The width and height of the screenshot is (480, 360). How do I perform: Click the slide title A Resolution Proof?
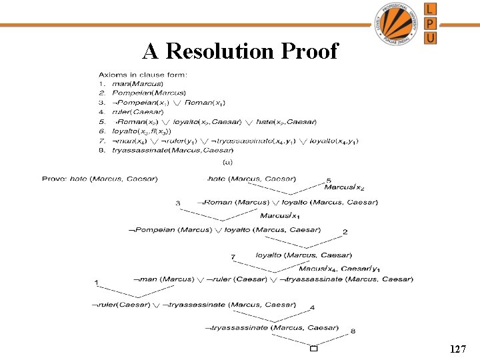[240, 51]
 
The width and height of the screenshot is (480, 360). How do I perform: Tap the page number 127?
[457, 349]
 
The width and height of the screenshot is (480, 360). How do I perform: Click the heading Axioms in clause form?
[143, 74]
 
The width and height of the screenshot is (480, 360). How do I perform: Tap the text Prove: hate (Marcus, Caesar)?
[100, 179]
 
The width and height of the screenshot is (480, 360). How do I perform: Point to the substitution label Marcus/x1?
[279, 215]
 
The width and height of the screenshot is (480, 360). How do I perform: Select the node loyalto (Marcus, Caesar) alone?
[303, 255]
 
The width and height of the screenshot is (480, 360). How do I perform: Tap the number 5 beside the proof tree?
[329, 181]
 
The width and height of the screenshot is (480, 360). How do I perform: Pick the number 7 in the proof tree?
[233, 257]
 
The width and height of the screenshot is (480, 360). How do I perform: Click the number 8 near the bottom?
[353, 331]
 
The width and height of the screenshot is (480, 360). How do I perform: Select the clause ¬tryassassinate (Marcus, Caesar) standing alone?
[271, 327]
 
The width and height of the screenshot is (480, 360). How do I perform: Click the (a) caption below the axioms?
[227, 161]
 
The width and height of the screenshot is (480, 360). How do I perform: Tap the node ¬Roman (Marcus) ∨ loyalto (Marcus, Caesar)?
[287, 202]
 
